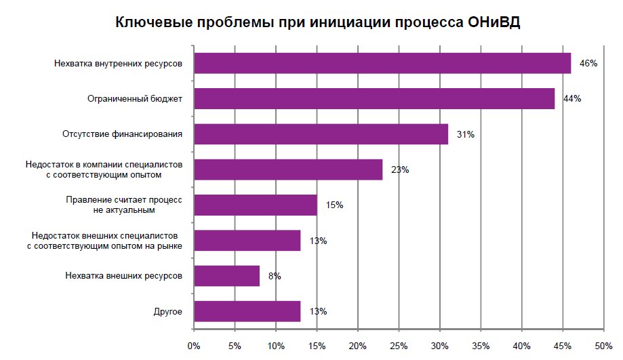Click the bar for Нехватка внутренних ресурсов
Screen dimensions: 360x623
[x=382, y=64]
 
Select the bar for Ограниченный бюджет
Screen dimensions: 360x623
[x=374, y=99]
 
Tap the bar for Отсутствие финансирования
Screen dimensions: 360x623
[x=321, y=134]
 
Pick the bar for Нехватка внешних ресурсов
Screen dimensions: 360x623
[x=226, y=276]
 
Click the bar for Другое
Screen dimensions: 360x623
[x=247, y=311]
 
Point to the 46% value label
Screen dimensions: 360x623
[x=588, y=64]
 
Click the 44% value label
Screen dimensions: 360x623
[x=572, y=99]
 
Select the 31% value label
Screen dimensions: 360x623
[x=466, y=134]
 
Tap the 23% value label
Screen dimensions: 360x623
[x=400, y=170]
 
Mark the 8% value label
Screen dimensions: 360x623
[x=275, y=276]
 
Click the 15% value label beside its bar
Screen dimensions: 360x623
[x=335, y=205]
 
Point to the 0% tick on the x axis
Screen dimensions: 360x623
[x=194, y=347]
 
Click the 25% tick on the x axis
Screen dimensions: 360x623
[x=399, y=347]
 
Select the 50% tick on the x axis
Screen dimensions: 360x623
[x=603, y=347]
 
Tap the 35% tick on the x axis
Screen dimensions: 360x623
[x=481, y=347]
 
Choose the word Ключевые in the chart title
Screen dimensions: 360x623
[x=153, y=22]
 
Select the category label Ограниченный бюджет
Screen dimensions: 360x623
[x=136, y=99]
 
